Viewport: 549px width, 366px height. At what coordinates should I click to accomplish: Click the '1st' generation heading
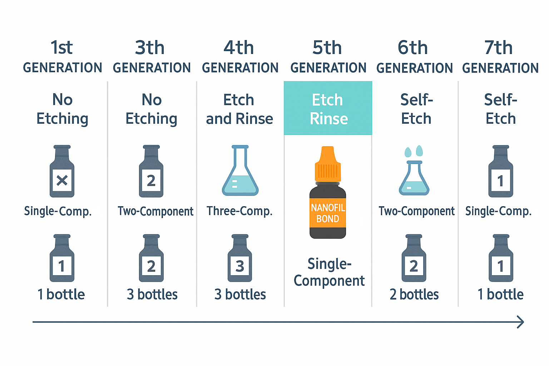point(61,47)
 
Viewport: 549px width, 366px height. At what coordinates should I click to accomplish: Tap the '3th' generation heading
point(149,47)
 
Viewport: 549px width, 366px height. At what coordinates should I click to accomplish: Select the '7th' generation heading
point(498,47)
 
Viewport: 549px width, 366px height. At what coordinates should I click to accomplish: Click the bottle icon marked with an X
point(62,171)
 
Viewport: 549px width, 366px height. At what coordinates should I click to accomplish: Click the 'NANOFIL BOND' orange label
point(328,213)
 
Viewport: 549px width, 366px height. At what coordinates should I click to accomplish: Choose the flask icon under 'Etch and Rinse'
point(240,170)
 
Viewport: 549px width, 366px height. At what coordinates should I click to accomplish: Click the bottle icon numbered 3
point(240,258)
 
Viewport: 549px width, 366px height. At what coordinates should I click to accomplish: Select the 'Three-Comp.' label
point(239,211)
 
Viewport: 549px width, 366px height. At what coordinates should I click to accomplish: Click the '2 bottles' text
point(414,294)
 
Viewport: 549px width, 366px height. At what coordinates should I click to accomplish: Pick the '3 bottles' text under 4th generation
point(240,294)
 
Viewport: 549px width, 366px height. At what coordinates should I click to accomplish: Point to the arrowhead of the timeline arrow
point(523,322)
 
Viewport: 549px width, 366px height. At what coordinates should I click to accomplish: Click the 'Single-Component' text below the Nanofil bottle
point(329,272)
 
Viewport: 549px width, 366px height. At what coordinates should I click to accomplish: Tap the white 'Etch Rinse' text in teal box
point(328,109)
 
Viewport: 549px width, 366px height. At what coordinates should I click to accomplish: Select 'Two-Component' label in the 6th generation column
point(416,211)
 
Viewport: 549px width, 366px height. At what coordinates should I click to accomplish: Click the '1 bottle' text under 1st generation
point(61,294)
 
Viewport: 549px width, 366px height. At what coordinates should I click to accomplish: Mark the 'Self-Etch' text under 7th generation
point(501,109)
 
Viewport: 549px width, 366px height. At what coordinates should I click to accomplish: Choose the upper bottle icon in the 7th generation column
point(501,171)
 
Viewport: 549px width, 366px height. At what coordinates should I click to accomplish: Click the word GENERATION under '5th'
point(328,68)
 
